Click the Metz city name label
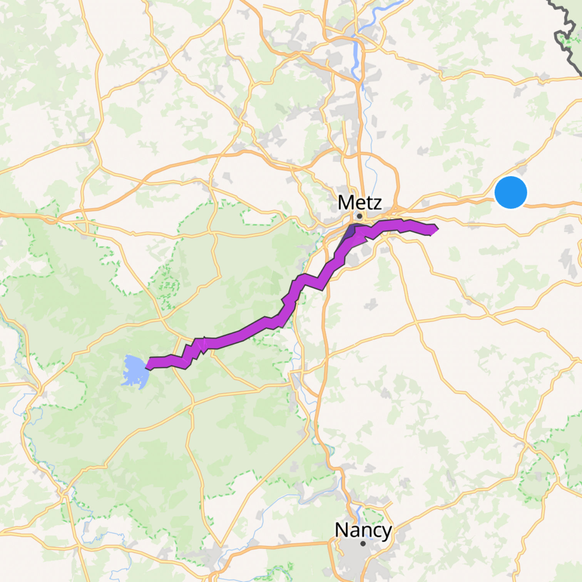pos(360,202)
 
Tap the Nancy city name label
pos(363,530)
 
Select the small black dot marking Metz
pos(359,216)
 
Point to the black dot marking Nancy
pos(363,544)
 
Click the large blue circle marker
pos(510,192)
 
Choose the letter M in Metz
pos(345,202)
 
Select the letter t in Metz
pos(368,203)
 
